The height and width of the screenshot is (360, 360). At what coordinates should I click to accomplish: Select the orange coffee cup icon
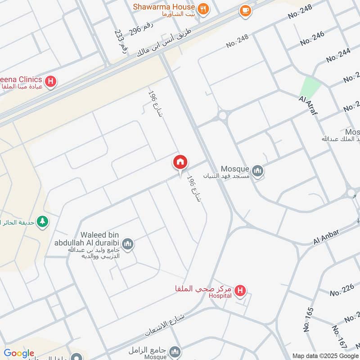[245, 10]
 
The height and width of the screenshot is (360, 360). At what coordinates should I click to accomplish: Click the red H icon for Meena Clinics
[52, 81]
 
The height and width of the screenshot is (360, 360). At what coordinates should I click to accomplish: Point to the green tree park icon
[43, 221]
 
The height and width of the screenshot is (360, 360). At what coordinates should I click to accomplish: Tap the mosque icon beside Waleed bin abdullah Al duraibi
[128, 244]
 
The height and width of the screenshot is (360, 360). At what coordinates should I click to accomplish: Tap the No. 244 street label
[338, 55]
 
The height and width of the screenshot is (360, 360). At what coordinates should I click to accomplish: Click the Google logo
[19, 353]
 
